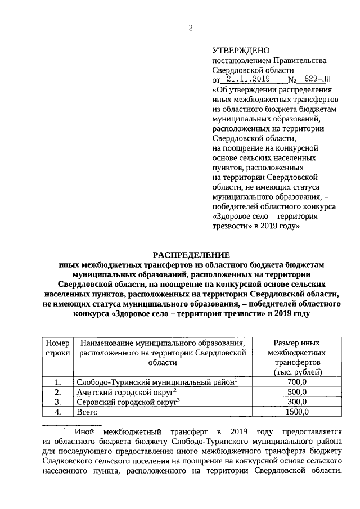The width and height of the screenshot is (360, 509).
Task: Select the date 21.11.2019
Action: (x=245, y=79)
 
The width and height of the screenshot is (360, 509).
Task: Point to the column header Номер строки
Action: (x=57, y=348)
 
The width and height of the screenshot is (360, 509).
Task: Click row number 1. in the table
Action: (x=57, y=382)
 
